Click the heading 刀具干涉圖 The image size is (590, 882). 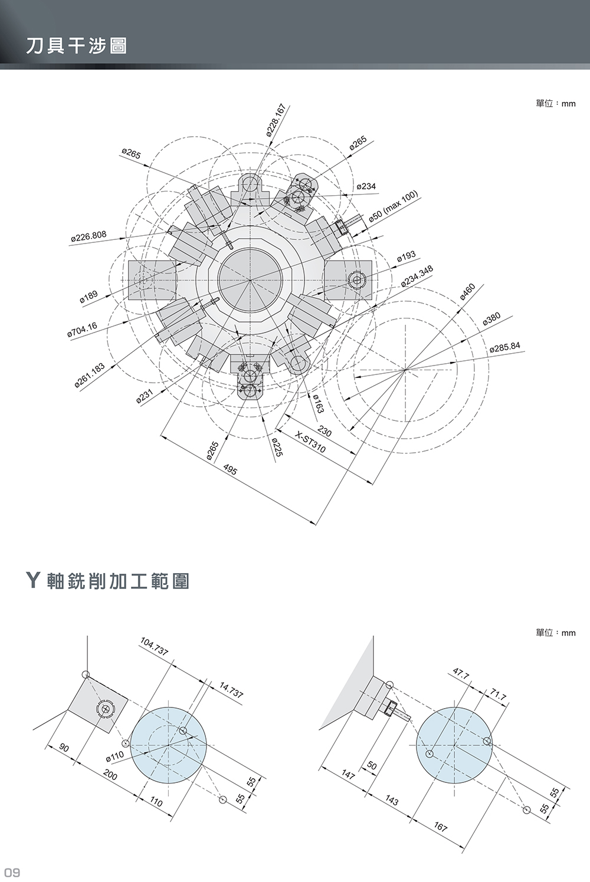76,46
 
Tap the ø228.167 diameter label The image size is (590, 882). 276,121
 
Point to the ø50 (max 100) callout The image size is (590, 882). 393,206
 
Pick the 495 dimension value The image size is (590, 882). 231,470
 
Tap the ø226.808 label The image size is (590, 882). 88,236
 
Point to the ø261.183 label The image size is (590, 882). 90,376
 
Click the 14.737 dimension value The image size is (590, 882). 231,690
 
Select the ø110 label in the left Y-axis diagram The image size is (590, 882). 114,756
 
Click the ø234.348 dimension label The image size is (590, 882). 417,276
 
